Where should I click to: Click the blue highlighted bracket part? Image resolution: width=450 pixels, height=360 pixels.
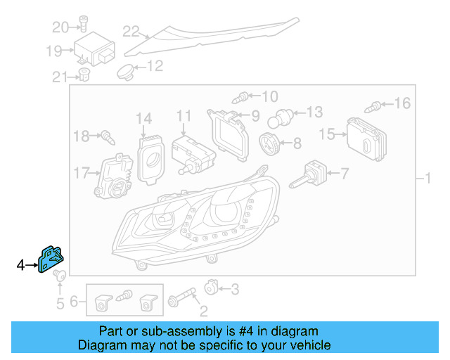coord(51,258)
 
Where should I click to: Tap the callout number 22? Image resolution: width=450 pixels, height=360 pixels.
coord(131,31)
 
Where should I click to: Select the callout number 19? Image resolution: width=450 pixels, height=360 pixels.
coord(54,50)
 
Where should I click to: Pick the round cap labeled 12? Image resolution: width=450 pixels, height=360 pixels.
coord(126,70)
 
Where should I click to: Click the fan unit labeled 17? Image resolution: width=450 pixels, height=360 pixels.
coord(113,176)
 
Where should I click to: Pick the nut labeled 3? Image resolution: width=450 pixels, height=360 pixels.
coord(210,287)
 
